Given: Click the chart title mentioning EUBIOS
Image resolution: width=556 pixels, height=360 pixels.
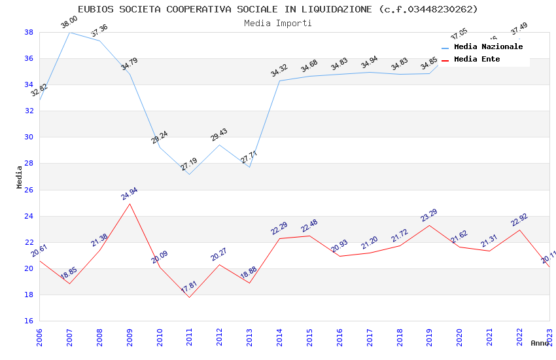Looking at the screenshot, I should pyautogui.click(x=278, y=9).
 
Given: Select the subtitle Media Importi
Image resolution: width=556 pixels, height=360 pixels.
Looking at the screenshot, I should pyautogui.click(x=278, y=23).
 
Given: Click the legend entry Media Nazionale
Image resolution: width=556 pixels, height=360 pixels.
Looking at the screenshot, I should pyautogui.click(x=488, y=47).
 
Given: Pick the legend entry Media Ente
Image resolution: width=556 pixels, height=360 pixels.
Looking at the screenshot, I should pyautogui.click(x=477, y=60).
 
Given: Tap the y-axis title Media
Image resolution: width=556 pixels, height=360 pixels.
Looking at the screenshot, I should pyautogui.click(x=20, y=177).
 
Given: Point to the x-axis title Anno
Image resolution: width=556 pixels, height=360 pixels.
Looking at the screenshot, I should pyautogui.click(x=540, y=343).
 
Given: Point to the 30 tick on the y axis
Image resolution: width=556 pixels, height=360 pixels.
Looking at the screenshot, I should pyautogui.click(x=29, y=137).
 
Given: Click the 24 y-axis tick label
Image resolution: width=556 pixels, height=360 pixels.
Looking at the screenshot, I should pyautogui.click(x=29, y=216).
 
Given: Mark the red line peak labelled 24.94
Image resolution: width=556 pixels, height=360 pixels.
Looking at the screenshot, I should pyautogui.click(x=130, y=204).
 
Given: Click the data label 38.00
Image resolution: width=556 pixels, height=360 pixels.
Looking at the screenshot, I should pyautogui.click(x=69, y=24).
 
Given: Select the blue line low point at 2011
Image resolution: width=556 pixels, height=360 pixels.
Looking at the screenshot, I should pyautogui.click(x=190, y=174).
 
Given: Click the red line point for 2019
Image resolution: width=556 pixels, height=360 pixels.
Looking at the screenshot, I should pyautogui.click(x=430, y=225).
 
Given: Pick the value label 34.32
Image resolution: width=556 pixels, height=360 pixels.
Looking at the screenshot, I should pyautogui.click(x=279, y=71).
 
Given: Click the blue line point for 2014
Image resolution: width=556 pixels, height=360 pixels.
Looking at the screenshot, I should pyautogui.click(x=280, y=81).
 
